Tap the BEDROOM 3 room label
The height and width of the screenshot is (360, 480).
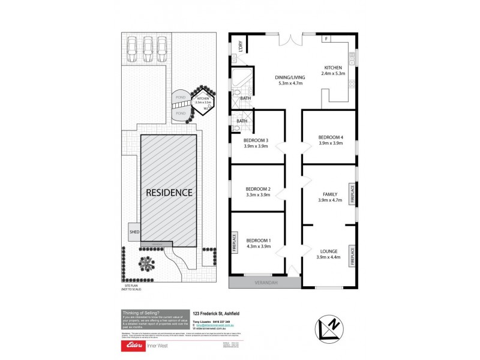pyautogui.click(x=256, y=141)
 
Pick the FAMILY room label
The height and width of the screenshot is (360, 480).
pyautogui.click(x=329, y=194)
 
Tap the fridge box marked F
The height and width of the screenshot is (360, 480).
pyautogui.click(x=326, y=39)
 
